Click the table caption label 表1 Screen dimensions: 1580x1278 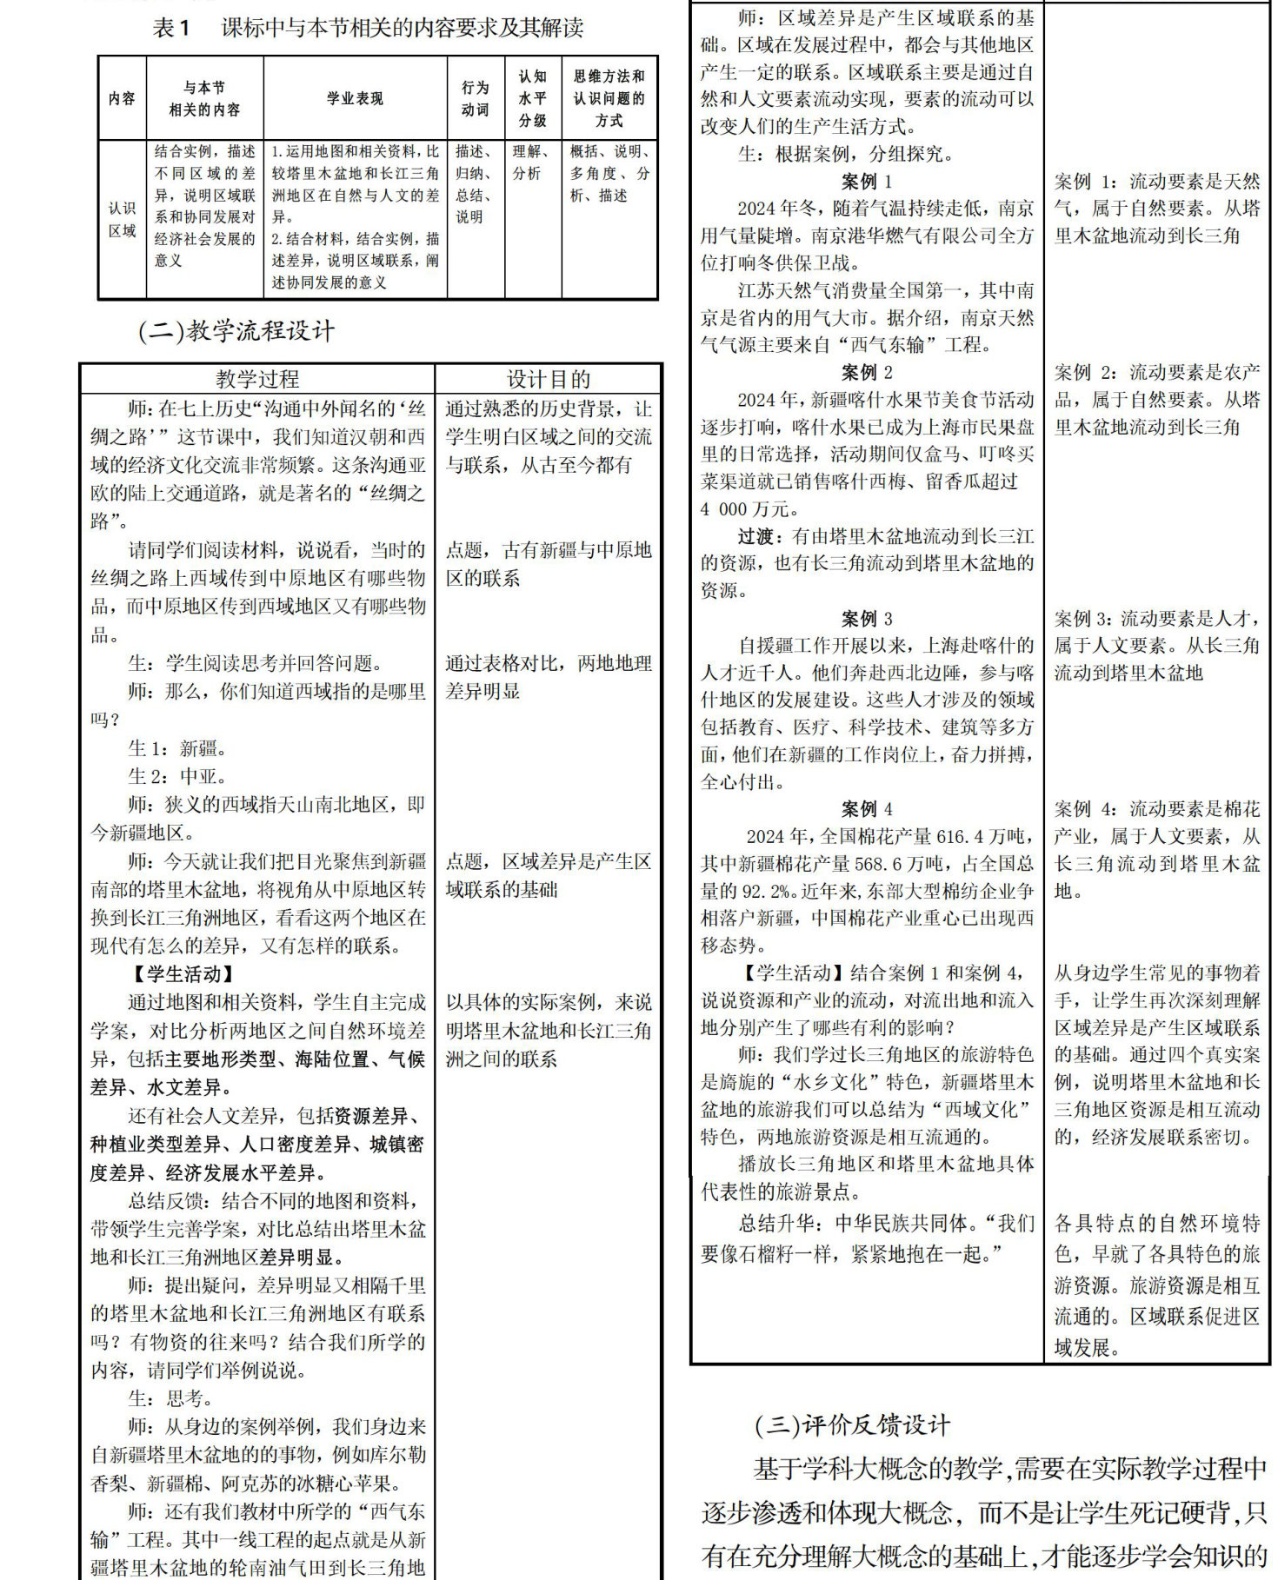[171, 29]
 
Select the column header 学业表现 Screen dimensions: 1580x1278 [355, 98]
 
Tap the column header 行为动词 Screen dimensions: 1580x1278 [475, 98]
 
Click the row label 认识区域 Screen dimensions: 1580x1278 [122, 219]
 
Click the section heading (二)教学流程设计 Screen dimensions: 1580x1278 [236, 331]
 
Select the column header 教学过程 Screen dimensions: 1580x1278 [257, 379]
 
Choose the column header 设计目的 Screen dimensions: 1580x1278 [548, 379]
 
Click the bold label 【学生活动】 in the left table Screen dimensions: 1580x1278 [182, 974]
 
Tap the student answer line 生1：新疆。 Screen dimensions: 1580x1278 [177, 748]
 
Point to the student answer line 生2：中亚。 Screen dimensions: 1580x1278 [177, 776]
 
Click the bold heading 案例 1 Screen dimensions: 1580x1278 [866, 182]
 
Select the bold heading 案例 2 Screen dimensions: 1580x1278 [866, 373]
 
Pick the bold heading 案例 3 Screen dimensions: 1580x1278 [866, 619]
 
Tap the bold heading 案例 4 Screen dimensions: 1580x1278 [866, 809]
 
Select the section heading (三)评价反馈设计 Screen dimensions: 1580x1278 [852, 1425]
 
